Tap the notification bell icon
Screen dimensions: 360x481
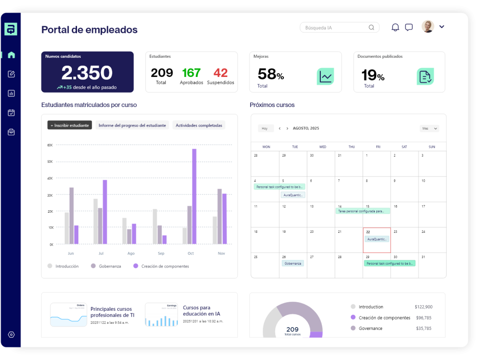(x=396, y=27)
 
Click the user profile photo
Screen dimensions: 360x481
(x=427, y=26)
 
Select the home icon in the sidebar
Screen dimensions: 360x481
(x=11, y=55)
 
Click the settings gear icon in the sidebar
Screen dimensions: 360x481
(x=11, y=335)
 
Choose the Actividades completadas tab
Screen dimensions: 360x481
(x=199, y=125)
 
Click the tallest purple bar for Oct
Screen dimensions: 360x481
(x=194, y=196)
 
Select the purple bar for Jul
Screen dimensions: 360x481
(x=105, y=212)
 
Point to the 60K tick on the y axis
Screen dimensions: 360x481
(x=50, y=145)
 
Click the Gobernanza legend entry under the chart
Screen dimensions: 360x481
(x=109, y=266)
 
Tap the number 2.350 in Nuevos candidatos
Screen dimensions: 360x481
(x=87, y=73)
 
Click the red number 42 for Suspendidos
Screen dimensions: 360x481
(x=220, y=73)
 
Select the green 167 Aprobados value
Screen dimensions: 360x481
(x=191, y=73)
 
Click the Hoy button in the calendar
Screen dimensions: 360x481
(x=265, y=128)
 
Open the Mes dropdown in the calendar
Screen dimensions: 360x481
(x=429, y=128)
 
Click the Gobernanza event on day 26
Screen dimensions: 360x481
(x=293, y=263)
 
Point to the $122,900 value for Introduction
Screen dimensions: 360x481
(x=423, y=307)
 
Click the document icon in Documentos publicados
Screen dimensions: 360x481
(x=425, y=76)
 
